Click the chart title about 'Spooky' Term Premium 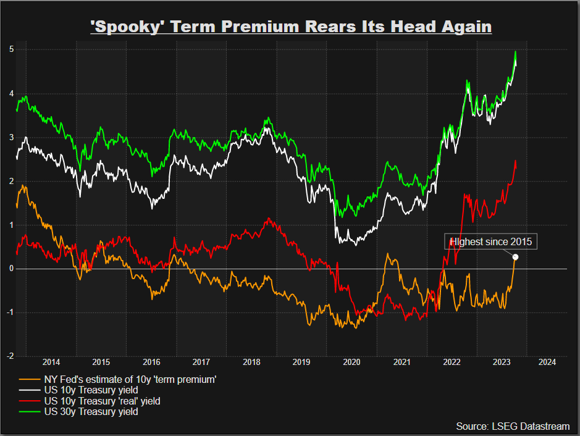(x=290, y=27)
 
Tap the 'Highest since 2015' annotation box (x=490, y=241)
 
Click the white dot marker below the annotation (x=516, y=258)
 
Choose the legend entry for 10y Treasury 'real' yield (x=98, y=401)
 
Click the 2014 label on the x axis (x=51, y=363)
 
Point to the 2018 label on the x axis (x=251, y=363)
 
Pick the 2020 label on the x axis (x=351, y=363)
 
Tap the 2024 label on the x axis (x=547, y=363)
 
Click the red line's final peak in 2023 (x=516, y=161)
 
